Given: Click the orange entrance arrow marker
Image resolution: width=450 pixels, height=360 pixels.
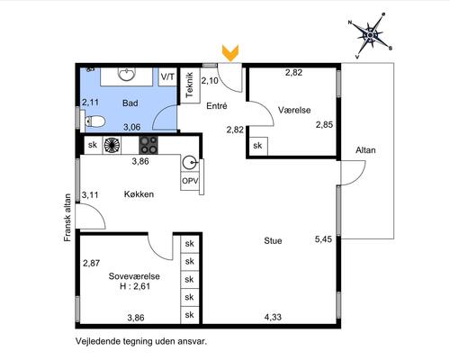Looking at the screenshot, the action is [x=230, y=53].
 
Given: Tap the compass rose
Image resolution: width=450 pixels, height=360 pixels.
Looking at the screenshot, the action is [x=371, y=35].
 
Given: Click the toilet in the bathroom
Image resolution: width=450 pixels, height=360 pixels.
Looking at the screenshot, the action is [x=95, y=121].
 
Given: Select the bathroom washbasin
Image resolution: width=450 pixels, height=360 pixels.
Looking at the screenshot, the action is [x=127, y=75].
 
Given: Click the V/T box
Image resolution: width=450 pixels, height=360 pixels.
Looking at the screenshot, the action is [x=167, y=77].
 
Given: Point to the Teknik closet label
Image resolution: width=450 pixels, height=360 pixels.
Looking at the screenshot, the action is [x=189, y=85].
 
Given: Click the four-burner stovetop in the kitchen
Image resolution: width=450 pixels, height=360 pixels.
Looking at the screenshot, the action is [x=148, y=145].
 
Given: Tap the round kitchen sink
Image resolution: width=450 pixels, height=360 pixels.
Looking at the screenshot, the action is [x=190, y=163].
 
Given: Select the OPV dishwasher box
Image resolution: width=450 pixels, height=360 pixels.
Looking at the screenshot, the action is [x=190, y=181].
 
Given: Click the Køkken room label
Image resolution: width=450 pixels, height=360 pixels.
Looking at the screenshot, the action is [x=139, y=194].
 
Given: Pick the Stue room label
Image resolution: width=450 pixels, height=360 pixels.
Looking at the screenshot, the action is [x=273, y=240].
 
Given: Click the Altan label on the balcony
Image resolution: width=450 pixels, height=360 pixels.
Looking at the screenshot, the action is [x=365, y=150].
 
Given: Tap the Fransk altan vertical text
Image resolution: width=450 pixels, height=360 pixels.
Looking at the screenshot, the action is [x=67, y=218].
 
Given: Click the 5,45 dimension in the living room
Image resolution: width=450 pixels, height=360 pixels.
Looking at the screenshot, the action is [x=323, y=239].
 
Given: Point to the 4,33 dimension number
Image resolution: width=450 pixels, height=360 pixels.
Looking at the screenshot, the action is [x=273, y=317].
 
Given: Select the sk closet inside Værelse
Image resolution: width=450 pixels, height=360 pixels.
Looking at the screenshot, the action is [x=257, y=146].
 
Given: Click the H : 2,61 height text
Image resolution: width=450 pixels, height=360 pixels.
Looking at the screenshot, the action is [x=135, y=286].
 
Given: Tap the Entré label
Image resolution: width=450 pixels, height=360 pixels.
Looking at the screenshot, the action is [x=217, y=106].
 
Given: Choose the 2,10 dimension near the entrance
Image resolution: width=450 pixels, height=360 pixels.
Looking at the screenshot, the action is [x=210, y=81].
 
